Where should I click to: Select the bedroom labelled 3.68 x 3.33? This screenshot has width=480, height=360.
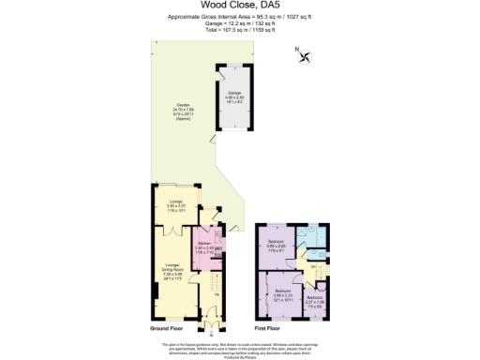[x=283, y=294]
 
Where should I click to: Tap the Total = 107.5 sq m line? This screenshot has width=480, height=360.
[x=240, y=30]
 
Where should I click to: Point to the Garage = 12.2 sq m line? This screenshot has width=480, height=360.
[x=240, y=24]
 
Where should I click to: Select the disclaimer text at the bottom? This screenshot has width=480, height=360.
[x=240, y=348]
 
